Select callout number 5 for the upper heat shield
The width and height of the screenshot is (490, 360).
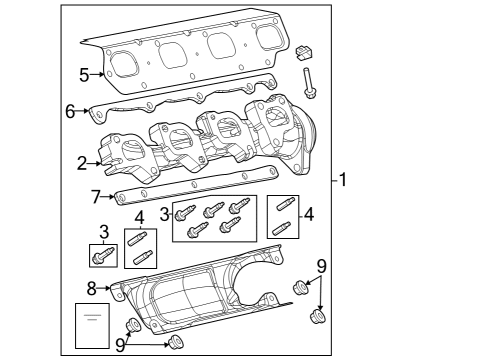pyautogui.click(x=84, y=74)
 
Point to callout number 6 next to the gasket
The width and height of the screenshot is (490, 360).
pyautogui.click(x=71, y=111)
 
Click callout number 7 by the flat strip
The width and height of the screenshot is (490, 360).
pyautogui.click(x=96, y=196)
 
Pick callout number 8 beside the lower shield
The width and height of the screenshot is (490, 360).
pyautogui.click(x=91, y=289)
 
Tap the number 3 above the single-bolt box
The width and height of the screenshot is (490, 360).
pyautogui.click(x=103, y=232)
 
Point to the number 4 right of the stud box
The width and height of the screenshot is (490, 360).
pyautogui.click(x=309, y=213)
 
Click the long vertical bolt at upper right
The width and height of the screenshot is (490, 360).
pyautogui.click(x=311, y=82)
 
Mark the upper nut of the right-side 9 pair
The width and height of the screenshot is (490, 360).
pyautogui.click(x=299, y=289)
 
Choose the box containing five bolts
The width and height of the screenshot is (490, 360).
pyautogui.click(x=214, y=219)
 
